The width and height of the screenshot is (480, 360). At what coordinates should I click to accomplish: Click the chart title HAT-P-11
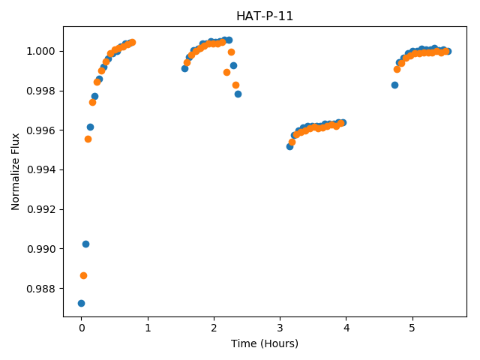coord(265,16)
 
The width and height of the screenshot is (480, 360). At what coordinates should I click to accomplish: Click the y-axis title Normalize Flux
coord(15,172)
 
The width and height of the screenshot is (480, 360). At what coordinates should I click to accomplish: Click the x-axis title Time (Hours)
coord(265,343)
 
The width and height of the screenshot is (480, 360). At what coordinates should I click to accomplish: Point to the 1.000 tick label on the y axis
coord(41,51)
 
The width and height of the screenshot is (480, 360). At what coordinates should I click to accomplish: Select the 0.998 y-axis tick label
coord(41,91)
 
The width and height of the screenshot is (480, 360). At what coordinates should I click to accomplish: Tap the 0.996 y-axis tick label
coord(41,130)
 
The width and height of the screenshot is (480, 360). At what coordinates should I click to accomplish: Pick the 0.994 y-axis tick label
coord(41,170)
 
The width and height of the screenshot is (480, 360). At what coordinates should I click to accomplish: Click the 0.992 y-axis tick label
coord(41,209)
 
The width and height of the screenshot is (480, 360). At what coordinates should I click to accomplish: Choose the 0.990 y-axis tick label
coord(41,249)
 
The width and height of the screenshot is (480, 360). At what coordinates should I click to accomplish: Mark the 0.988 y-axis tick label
coord(41,289)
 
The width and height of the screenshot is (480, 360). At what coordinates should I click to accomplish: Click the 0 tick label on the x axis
coord(82,328)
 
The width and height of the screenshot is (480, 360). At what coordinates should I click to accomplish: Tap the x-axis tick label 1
coord(148,328)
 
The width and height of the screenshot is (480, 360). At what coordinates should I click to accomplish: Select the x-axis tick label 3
coord(280,328)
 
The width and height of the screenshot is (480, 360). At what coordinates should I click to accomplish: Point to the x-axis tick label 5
coord(412,328)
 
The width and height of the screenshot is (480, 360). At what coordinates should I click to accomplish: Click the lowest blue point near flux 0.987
coord(81,303)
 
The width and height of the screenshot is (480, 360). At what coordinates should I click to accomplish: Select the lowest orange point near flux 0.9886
coord(83,276)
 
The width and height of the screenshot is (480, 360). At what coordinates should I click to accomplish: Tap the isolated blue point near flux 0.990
coord(85,244)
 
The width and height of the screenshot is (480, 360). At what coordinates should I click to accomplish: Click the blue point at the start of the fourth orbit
coord(395,85)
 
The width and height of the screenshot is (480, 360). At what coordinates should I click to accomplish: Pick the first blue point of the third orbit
coord(290,147)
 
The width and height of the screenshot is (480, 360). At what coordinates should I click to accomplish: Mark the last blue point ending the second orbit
coord(238,94)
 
